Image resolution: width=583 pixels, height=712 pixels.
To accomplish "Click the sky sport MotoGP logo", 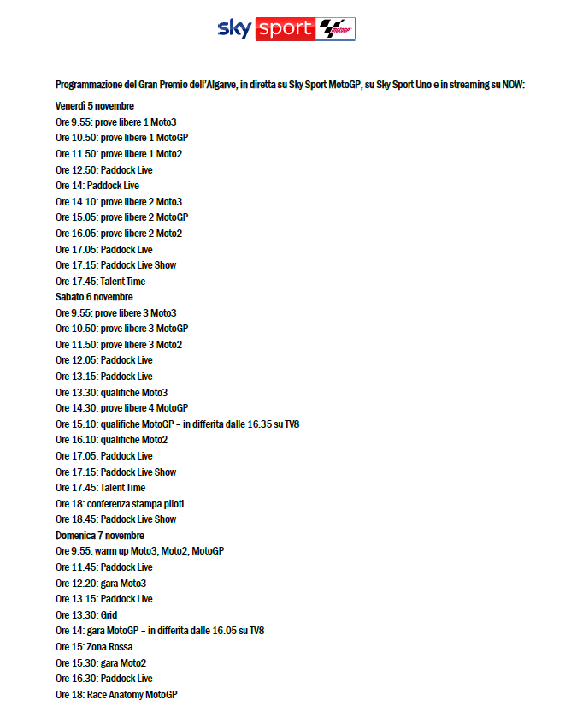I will pos(286,28).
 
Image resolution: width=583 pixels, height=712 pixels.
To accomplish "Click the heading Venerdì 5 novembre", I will pos(95,106).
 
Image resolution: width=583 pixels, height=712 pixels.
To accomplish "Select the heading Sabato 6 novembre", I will pos(94,297).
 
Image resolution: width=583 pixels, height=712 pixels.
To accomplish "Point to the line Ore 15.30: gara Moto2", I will pos(101,663).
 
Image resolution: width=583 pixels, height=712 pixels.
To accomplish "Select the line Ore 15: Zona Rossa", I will pos(94,647).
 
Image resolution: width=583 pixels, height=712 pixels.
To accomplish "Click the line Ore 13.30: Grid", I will pos(86,615).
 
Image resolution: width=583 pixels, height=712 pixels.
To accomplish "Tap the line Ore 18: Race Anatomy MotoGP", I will pos(116,695).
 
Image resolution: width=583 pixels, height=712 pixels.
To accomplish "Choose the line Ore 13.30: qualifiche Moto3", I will pos(111,393).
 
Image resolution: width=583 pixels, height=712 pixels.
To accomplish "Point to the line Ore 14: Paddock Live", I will pos(97,186).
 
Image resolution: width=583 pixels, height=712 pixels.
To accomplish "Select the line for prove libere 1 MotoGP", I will pos(121,138).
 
